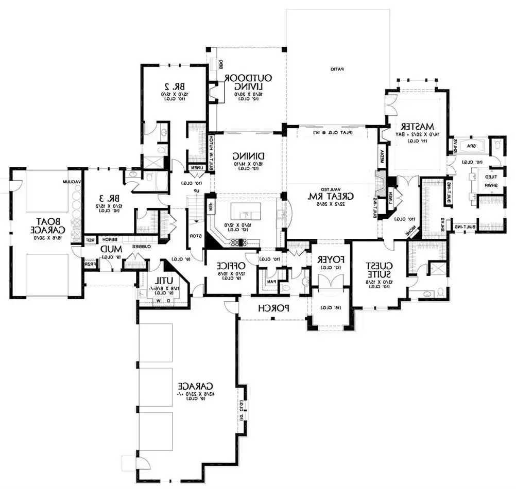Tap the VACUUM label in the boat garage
point(71,182)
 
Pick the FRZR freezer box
point(91,264)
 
